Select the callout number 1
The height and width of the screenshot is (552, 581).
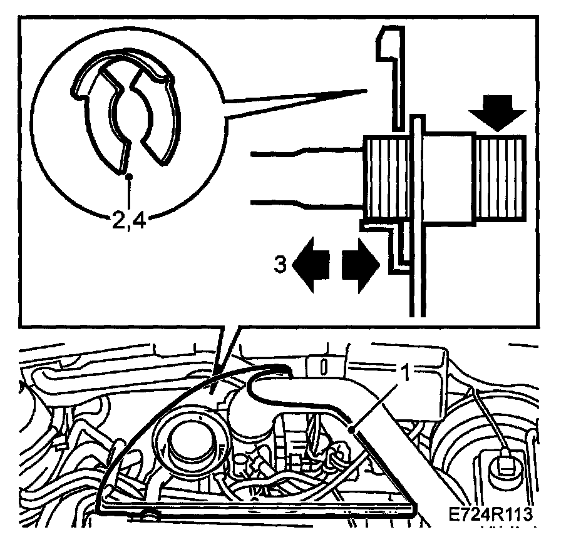405,374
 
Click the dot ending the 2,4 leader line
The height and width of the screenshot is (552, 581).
128,177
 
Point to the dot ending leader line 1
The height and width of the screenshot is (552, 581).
354,429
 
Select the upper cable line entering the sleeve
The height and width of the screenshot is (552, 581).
307,151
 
